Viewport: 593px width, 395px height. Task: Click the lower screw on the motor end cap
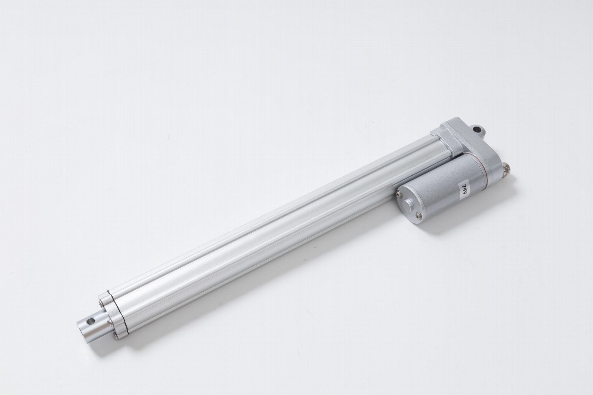(417, 214)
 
